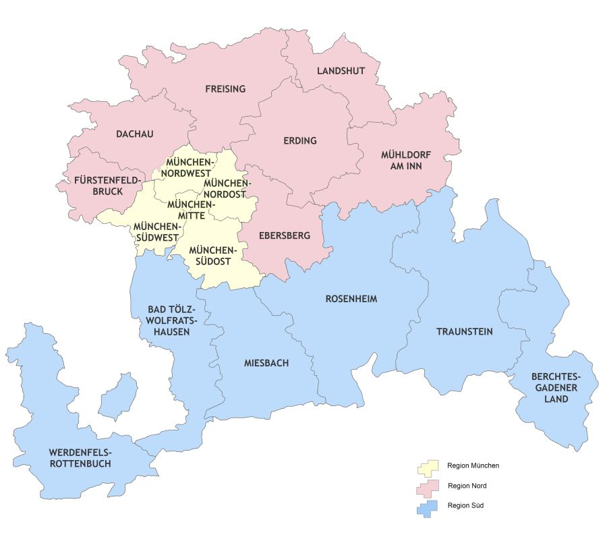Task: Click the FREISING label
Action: click(225, 89)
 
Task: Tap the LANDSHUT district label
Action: click(340, 71)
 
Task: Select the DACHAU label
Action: click(134, 134)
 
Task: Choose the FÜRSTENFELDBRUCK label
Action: click(108, 186)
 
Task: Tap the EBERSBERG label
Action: click(284, 236)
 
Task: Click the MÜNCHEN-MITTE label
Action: click(190, 210)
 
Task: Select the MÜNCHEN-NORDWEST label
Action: click(190, 168)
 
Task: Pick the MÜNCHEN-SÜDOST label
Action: click(210, 256)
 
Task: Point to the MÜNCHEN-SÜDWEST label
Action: click(156, 231)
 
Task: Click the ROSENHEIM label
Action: click(351, 298)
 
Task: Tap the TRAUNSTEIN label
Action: click(464, 332)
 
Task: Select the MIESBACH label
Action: click(266, 363)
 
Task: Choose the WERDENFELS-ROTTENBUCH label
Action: click(80, 458)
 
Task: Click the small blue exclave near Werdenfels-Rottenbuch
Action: click(119, 396)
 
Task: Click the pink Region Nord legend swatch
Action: click(428, 486)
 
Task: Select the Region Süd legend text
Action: click(464, 505)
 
